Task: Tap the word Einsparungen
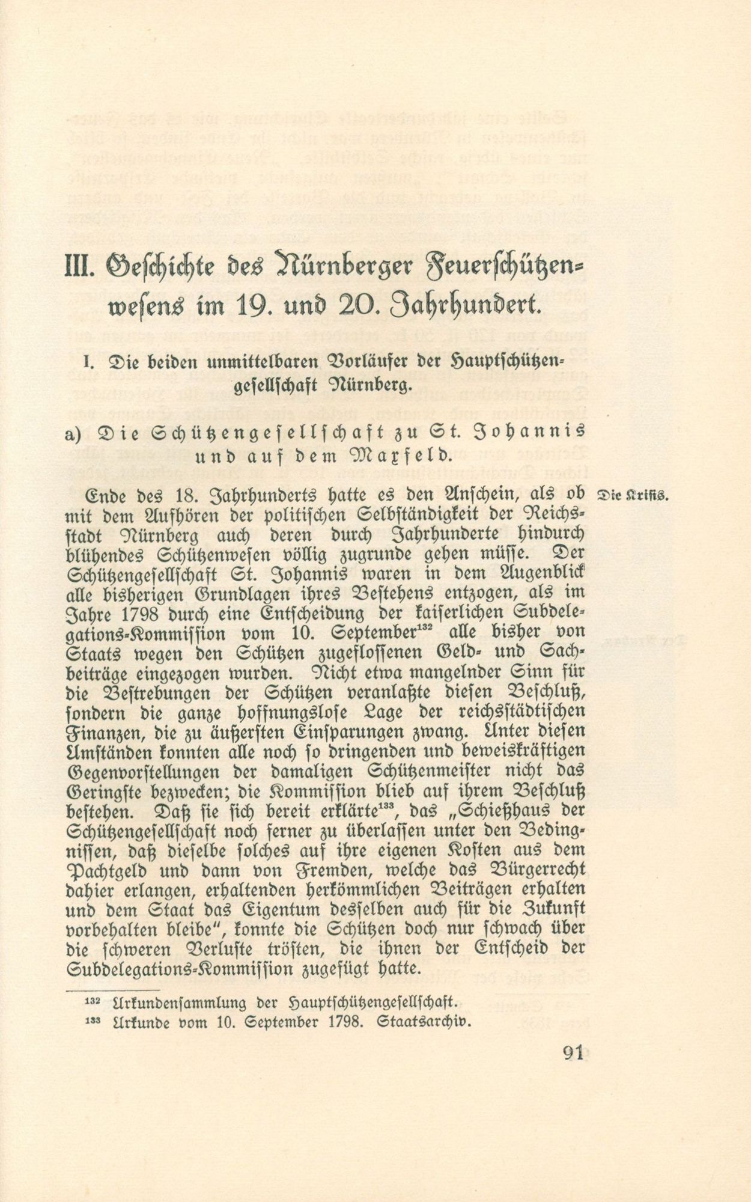[x=360, y=733]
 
